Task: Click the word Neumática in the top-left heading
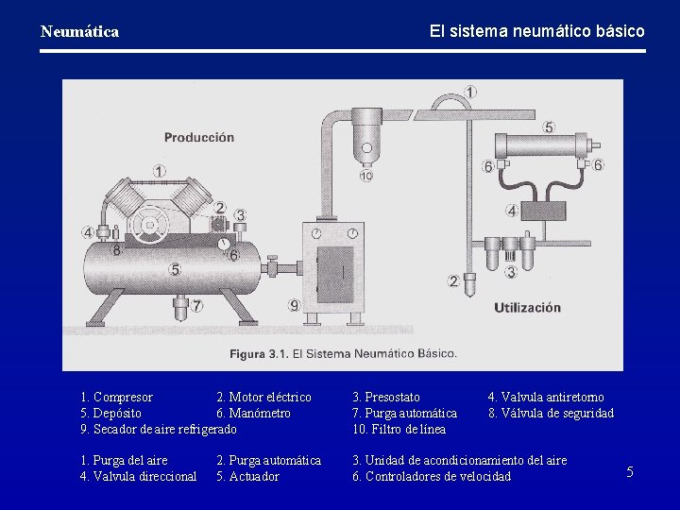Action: pyautogui.click(x=79, y=32)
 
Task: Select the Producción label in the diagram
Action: pyautogui.click(x=199, y=138)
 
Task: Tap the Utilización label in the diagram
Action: pyautogui.click(x=527, y=308)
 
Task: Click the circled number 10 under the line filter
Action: pyautogui.click(x=366, y=176)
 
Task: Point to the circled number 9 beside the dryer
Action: pyautogui.click(x=295, y=305)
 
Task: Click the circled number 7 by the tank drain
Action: pyautogui.click(x=196, y=306)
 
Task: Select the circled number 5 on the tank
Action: pyautogui.click(x=175, y=269)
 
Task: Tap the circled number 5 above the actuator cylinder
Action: pyautogui.click(x=549, y=127)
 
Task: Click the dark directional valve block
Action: pyautogui.click(x=543, y=212)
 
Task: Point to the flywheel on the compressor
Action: pyautogui.click(x=149, y=224)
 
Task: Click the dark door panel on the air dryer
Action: pyautogui.click(x=335, y=275)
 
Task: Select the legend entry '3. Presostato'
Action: pyautogui.click(x=386, y=397)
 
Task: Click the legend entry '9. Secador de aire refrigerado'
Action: pyautogui.click(x=159, y=429)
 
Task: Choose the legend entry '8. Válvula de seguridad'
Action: pyautogui.click(x=551, y=413)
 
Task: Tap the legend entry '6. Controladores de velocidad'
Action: pyautogui.click(x=432, y=476)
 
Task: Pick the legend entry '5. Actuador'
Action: pyautogui.click(x=247, y=476)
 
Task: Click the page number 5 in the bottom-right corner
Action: pyautogui.click(x=630, y=471)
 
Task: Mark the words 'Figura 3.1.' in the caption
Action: pyautogui.click(x=259, y=354)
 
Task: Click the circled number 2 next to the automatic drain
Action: pyautogui.click(x=453, y=281)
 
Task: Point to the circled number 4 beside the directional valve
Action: pyautogui.click(x=512, y=212)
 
